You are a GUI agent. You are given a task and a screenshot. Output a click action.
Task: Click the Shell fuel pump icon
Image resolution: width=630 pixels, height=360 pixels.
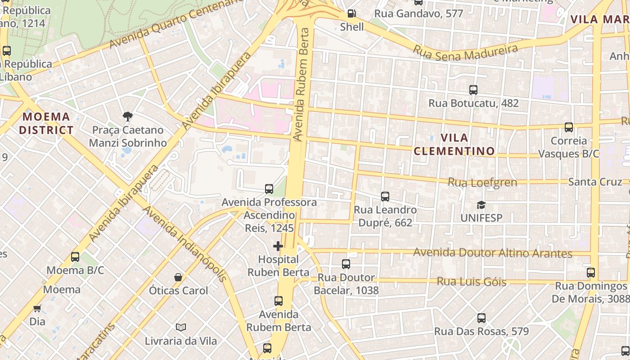[x=351, y=13]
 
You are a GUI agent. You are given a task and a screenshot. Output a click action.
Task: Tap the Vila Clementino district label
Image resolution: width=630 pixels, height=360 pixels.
[x=454, y=144]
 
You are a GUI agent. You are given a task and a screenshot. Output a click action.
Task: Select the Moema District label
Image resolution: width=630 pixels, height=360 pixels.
[x=46, y=123]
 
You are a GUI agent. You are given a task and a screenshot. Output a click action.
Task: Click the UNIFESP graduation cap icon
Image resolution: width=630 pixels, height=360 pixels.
[x=481, y=205]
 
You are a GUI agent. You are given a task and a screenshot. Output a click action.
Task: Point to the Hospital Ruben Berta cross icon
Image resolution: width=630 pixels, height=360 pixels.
[x=278, y=246]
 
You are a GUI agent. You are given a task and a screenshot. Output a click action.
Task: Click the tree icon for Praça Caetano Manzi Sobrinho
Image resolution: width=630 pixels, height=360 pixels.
[x=128, y=117]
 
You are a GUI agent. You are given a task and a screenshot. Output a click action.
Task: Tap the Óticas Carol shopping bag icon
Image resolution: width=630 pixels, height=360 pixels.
[x=178, y=277]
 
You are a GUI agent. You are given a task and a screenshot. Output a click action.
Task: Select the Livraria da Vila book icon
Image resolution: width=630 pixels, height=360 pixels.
[x=181, y=327]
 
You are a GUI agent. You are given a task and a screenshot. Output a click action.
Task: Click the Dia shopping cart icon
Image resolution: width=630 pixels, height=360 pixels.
[x=37, y=308]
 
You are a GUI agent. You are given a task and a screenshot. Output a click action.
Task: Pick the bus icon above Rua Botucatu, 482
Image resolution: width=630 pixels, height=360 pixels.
[x=473, y=90]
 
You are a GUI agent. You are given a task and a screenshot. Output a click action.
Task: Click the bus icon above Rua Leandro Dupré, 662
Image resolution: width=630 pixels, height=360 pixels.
[x=385, y=196]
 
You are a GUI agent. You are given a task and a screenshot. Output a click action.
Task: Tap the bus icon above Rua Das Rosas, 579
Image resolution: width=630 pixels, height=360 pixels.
[x=481, y=318]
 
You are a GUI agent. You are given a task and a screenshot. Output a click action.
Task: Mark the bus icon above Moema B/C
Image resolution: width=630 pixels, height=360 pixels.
[x=75, y=257]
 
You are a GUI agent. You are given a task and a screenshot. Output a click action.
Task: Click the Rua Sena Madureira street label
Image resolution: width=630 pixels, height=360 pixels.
[x=466, y=52]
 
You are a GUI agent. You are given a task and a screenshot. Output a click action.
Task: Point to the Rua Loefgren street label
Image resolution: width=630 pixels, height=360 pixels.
[x=482, y=182]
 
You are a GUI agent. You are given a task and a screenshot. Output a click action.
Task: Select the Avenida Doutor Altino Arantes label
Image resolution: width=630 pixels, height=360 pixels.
[x=492, y=252]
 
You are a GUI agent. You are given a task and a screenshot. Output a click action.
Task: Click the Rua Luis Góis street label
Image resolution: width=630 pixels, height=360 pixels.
[x=471, y=282]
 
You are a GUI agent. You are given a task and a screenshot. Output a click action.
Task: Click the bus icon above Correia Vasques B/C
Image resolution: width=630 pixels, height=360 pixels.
[x=568, y=127]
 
